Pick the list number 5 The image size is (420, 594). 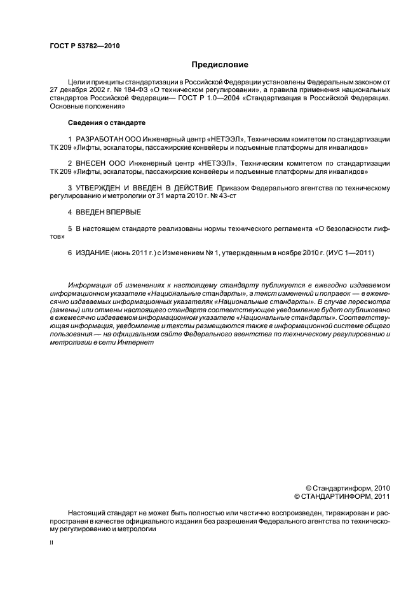[x=70, y=228]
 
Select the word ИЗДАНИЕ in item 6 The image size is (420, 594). [x=92, y=253]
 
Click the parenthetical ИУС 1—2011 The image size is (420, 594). [x=348, y=253]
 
